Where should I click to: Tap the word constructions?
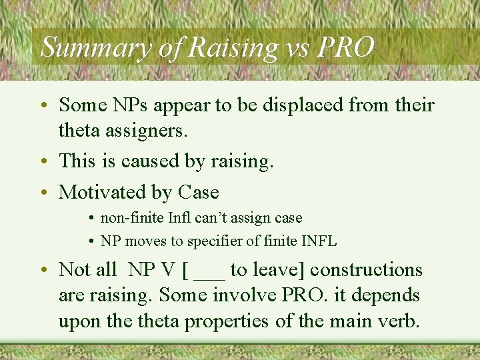[367, 270]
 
